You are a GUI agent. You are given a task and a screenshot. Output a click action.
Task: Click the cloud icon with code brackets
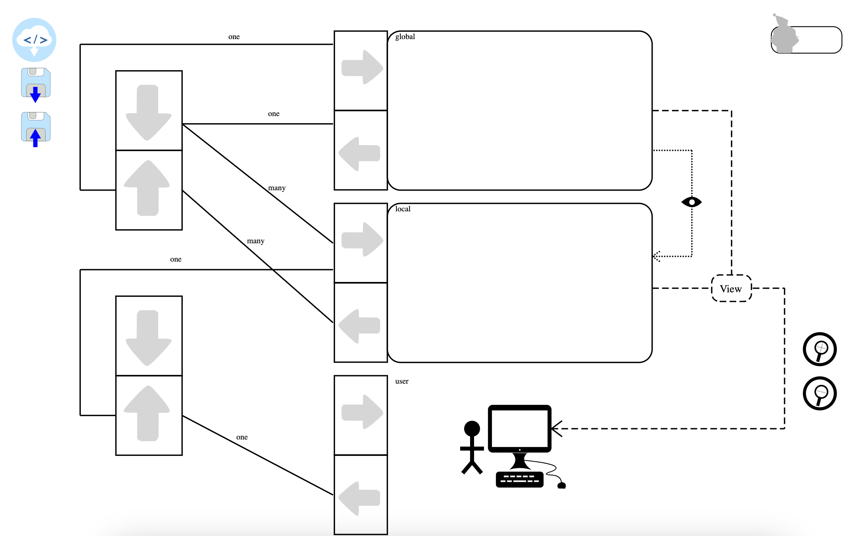click(x=34, y=40)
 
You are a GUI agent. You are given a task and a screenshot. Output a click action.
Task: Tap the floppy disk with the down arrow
click(x=36, y=84)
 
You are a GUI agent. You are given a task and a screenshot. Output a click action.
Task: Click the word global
click(x=405, y=37)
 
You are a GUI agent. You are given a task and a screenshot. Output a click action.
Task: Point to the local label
click(x=402, y=209)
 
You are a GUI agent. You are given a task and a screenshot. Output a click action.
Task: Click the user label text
click(x=402, y=381)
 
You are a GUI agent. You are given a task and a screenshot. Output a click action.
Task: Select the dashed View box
click(x=731, y=288)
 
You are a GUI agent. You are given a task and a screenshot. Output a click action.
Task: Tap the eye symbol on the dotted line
click(x=692, y=202)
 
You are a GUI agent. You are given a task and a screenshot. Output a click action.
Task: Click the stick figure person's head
click(x=472, y=428)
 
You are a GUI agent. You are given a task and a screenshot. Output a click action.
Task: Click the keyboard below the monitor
click(x=520, y=479)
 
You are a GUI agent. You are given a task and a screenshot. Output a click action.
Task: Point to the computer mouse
click(x=562, y=485)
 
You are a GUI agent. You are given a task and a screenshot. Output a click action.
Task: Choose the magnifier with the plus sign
click(x=820, y=349)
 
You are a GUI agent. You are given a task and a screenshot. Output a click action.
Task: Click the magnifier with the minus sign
click(x=820, y=393)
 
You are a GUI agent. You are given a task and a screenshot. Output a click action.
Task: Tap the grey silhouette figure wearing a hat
click(x=784, y=36)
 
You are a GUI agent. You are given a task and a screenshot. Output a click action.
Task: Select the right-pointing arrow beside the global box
click(x=362, y=67)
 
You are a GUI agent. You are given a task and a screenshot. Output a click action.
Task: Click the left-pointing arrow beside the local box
click(x=360, y=326)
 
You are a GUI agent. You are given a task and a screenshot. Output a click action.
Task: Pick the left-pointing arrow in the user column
click(x=360, y=498)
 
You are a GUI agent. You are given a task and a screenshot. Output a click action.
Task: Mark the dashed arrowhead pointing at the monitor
click(x=556, y=429)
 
